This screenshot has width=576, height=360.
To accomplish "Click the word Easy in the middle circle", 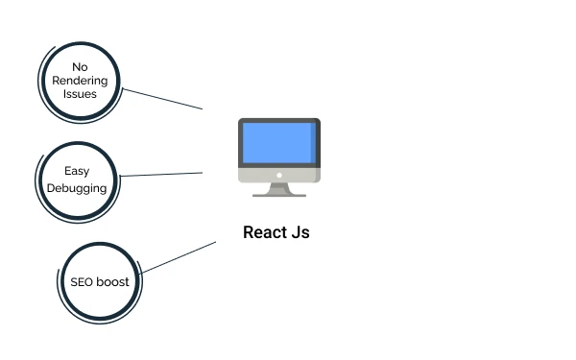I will (78, 171).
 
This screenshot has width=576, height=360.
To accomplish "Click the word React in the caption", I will (263, 232).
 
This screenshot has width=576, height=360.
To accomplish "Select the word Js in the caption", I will (299, 232).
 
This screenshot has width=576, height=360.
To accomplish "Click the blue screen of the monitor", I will (275, 143).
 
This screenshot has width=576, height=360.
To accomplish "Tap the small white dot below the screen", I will (279, 175).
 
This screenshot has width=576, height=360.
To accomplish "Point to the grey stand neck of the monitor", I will (279, 187).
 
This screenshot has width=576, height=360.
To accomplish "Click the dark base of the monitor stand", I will (279, 195).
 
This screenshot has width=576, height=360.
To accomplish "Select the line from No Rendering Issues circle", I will (163, 99).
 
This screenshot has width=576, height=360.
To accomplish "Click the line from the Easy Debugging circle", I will (163, 174).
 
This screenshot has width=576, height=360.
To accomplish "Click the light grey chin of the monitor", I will (259, 176).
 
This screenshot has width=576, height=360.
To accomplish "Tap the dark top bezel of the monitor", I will (279, 121).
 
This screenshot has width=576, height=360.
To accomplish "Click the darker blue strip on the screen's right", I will (314, 143).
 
